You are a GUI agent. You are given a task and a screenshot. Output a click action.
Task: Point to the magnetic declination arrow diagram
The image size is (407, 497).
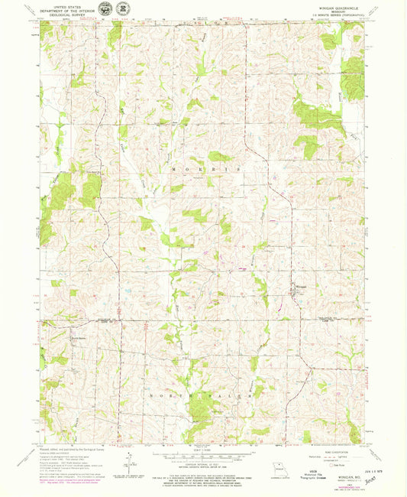click(x=131, y=463)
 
